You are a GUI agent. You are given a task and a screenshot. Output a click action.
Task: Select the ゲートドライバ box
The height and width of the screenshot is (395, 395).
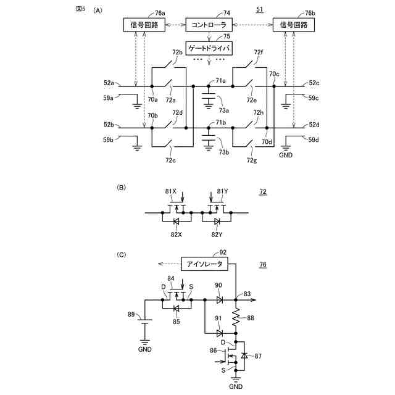[209, 48]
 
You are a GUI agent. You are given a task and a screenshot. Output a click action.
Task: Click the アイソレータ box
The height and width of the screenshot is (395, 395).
[205, 264]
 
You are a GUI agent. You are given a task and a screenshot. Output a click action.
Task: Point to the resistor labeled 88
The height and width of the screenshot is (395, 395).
[236, 318]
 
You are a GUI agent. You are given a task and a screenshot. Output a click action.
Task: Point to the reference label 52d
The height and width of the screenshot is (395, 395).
[314, 125]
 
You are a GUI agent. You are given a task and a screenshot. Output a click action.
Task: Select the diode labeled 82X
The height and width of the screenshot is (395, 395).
[176, 220]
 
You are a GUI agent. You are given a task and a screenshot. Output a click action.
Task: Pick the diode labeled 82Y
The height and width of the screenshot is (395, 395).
[217, 220]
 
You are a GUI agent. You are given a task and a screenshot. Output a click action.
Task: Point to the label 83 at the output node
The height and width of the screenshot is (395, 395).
[247, 294]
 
